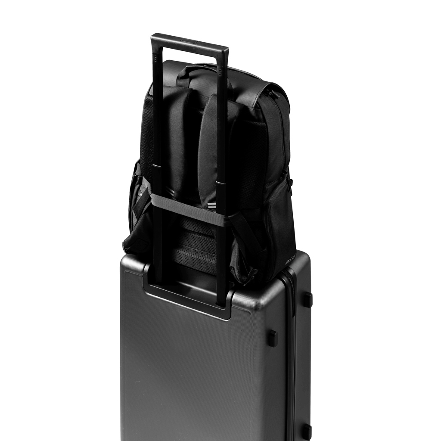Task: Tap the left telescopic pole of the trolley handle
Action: tap(157, 172)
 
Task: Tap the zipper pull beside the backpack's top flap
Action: tap(272, 92)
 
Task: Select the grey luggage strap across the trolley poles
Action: tap(189, 209)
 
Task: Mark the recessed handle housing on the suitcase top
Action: tap(189, 297)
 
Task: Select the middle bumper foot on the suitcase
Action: tap(272, 338)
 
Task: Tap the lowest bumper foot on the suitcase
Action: tap(306, 431)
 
